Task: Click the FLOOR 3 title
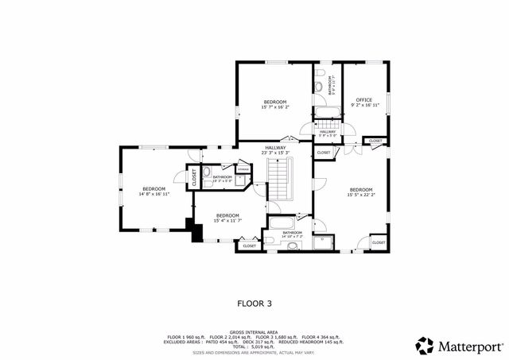click(254, 302)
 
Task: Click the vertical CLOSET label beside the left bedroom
click(193, 177)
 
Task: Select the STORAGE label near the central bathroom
click(243, 169)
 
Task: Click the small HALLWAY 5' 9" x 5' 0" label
click(328, 134)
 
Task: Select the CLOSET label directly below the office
click(375, 141)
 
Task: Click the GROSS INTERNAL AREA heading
click(254, 332)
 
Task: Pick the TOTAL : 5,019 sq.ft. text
click(254, 346)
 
